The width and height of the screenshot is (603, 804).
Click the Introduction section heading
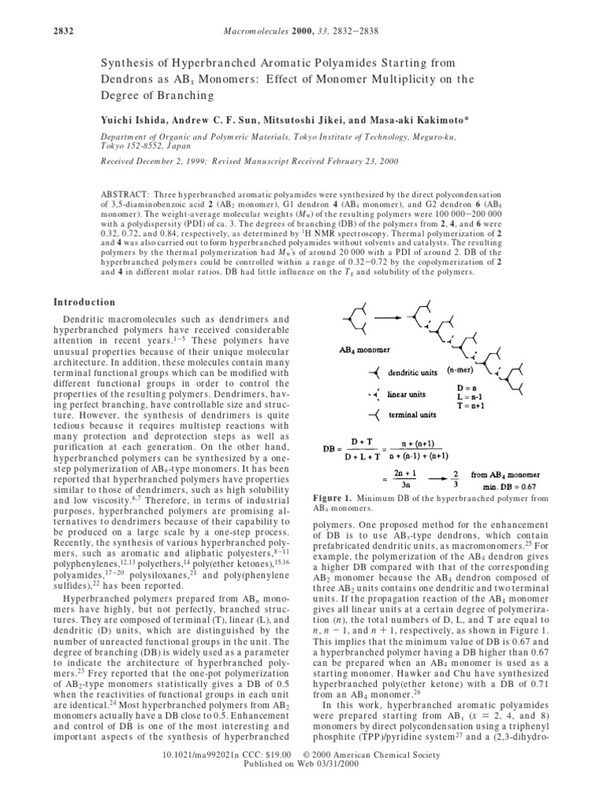tap(84, 302)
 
